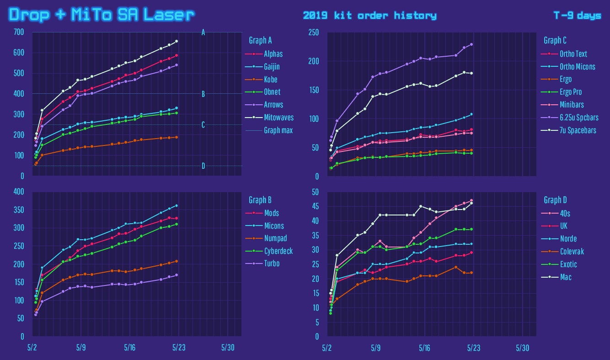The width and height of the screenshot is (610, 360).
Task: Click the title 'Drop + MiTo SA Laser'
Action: coord(102,15)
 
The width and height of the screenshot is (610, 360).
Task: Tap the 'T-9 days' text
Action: coord(577,16)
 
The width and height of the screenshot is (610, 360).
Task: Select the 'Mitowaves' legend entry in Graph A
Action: coord(278,118)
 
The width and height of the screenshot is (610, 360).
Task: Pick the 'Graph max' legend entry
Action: coord(278,130)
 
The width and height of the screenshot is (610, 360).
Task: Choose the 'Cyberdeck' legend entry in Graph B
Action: coord(278,251)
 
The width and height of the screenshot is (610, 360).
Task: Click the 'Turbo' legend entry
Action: coord(272,263)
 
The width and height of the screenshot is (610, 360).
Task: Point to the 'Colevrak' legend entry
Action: coord(572,252)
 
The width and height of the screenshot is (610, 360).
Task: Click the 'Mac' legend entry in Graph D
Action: coord(566,277)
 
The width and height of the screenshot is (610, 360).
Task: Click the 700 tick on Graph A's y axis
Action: coord(19,32)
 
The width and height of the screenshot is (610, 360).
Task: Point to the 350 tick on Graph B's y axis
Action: coord(19,210)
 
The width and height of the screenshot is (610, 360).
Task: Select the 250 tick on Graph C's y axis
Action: coord(314,32)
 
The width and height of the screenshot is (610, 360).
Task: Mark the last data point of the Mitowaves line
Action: coord(177,41)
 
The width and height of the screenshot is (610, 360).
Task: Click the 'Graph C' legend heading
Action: coord(554,40)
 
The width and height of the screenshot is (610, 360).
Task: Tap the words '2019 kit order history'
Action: coord(369,16)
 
